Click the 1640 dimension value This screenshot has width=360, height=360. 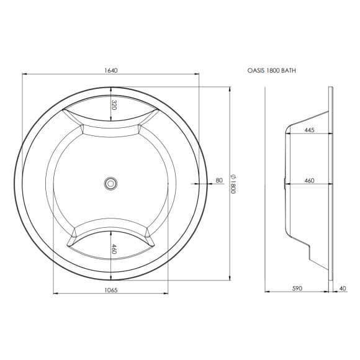click(x=110, y=70)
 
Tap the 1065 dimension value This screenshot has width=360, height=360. click(x=110, y=290)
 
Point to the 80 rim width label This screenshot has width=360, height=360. click(x=219, y=180)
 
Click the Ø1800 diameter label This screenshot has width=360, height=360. click(x=233, y=184)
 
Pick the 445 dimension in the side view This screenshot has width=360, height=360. click(x=309, y=130)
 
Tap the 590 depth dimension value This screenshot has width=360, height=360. click(x=297, y=288)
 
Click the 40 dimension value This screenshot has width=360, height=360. click(x=342, y=288)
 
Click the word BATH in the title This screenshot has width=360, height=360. click(x=289, y=71)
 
